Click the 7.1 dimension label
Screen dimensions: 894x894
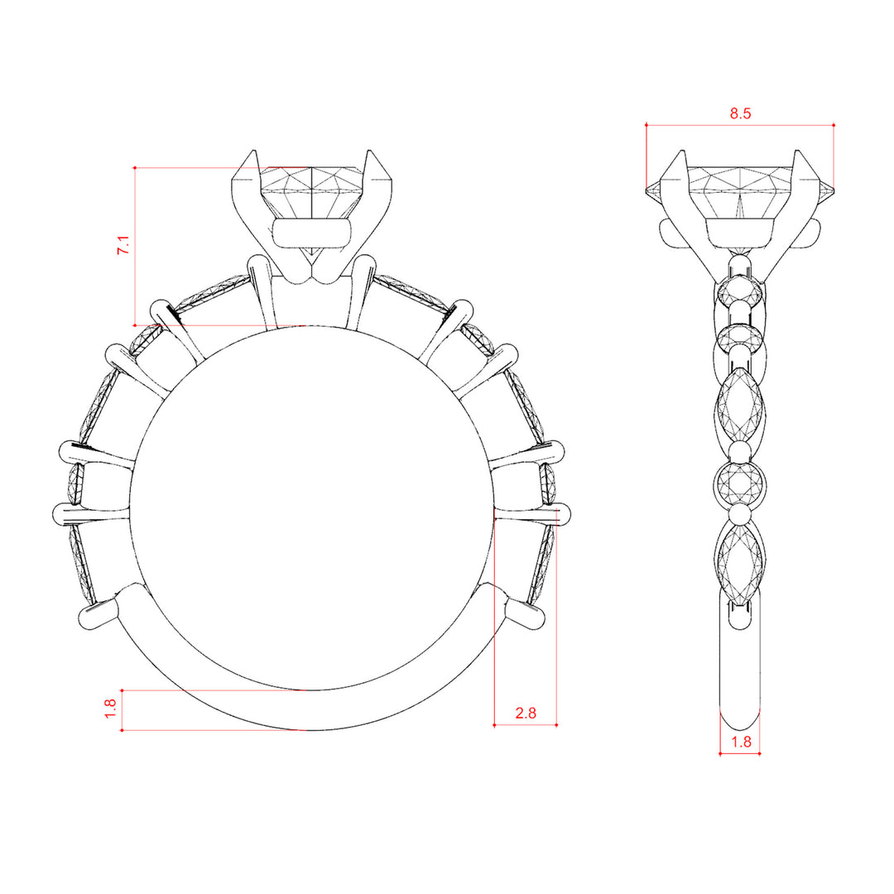coord(123,245)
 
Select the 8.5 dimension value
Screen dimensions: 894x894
coord(740,113)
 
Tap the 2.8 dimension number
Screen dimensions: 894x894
coord(526,713)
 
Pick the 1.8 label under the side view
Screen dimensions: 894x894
coord(741,742)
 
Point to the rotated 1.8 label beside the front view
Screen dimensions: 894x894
coord(110,709)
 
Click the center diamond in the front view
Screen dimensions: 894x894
coord(311,194)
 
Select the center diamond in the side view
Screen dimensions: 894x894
coord(740,194)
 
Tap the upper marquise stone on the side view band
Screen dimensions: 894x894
coord(740,406)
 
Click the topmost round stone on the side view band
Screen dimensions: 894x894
coord(740,292)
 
